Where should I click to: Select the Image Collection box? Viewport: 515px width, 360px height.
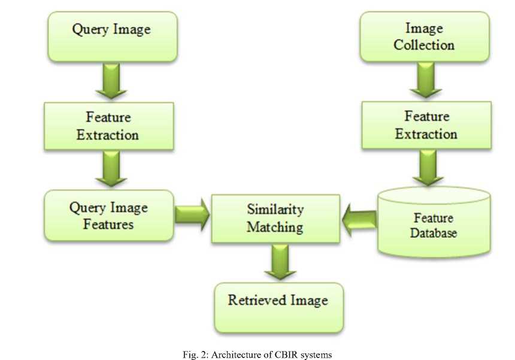pos(424,37)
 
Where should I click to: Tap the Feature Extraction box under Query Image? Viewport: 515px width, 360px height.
pos(108,126)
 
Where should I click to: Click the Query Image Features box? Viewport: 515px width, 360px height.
pos(109,216)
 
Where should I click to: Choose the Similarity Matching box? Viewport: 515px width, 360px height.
pos(275,219)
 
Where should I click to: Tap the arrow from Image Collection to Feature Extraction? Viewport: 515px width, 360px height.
pos(425,81)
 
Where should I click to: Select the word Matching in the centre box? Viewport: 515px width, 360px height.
pos(275,228)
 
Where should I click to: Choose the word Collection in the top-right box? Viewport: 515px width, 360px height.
pos(424,44)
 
